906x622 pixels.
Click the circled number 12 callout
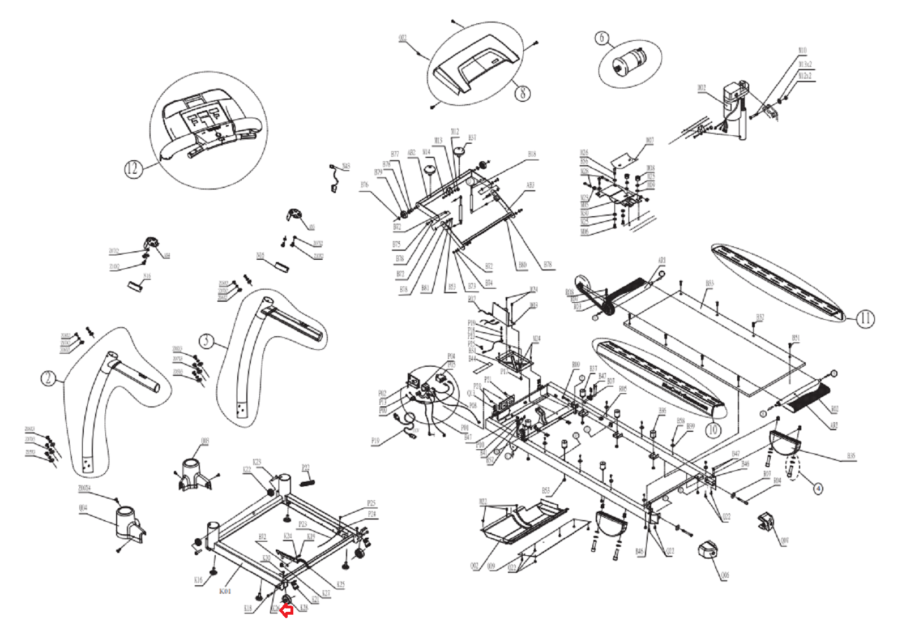pyautogui.click(x=133, y=169)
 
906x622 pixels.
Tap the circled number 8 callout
pyautogui.click(x=522, y=92)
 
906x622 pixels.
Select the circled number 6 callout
pyautogui.click(x=602, y=38)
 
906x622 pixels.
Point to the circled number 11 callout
pyautogui.click(x=865, y=319)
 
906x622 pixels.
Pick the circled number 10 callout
pyautogui.click(x=712, y=430)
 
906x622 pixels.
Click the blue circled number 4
pyautogui.click(x=818, y=487)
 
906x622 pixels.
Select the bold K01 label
pyautogui.click(x=225, y=591)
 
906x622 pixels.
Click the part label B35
pyautogui.click(x=851, y=456)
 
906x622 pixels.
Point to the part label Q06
pyautogui.click(x=725, y=575)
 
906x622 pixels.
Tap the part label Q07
pyautogui.click(x=784, y=541)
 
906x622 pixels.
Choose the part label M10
pyautogui.click(x=802, y=50)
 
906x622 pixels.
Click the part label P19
pyautogui.click(x=375, y=441)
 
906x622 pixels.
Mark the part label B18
pyautogui.click(x=531, y=154)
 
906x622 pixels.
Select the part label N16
pyautogui.click(x=147, y=276)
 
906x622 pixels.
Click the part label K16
pyautogui.click(x=198, y=580)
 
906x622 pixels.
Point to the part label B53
pyautogui.click(x=546, y=491)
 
